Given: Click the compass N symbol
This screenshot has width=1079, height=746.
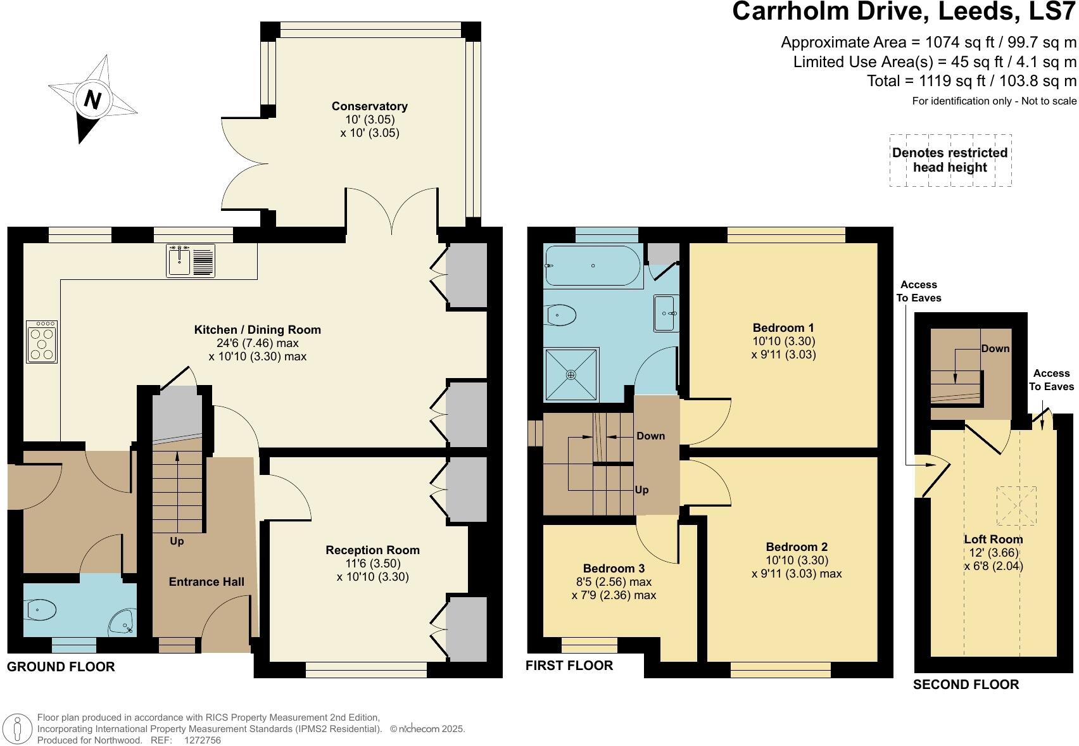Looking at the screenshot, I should point(92,100).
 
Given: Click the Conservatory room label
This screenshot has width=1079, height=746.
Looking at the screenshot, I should point(369,106).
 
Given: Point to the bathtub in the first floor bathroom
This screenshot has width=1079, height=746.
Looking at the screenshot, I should point(593,265).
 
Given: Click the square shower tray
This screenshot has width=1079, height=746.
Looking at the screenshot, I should point(571,374).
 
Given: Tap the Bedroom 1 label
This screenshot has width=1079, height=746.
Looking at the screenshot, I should point(783,327).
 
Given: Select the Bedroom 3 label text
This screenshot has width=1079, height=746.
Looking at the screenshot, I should point(613,568).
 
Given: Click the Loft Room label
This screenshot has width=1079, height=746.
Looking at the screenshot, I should point(993,539).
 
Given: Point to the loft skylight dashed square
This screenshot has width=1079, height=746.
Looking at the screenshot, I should point(1016,505).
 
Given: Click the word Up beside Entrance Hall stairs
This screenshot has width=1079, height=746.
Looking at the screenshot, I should point(177,541).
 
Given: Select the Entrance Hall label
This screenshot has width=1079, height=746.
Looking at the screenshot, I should point(206,581).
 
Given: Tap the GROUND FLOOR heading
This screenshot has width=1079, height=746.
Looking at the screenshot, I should point(61,666).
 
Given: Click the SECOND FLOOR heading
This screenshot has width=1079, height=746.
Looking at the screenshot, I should point(966,684).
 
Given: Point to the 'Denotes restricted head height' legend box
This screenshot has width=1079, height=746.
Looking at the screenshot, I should point(950,160).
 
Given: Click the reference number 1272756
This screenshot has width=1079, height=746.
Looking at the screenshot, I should point(202,740).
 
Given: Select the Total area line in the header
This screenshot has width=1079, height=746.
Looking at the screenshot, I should point(971,81).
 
